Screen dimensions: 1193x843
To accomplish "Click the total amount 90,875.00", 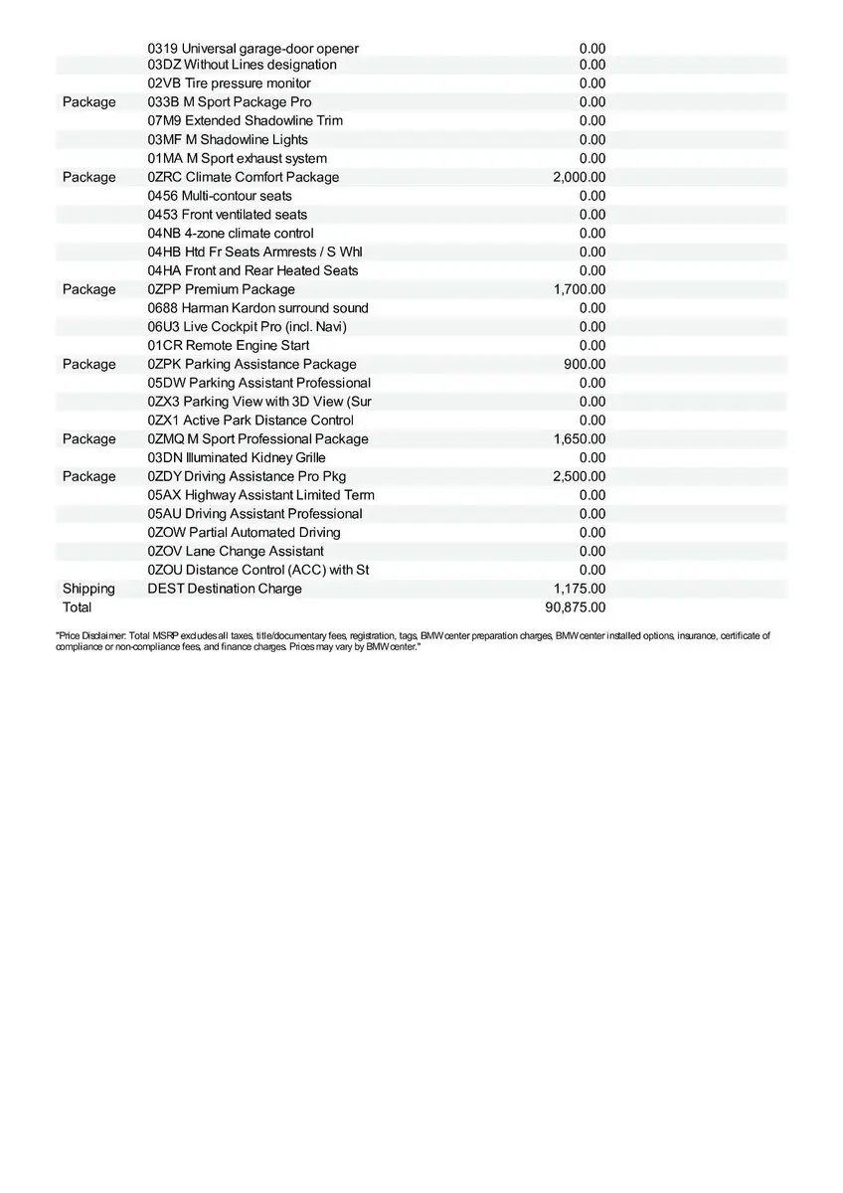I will [576, 607].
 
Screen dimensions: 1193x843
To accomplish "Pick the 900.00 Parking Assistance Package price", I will [585, 364].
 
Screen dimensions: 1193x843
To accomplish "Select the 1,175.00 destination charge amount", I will [579, 589].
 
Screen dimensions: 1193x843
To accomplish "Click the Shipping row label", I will [88, 589].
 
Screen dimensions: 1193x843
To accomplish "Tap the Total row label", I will [77, 607].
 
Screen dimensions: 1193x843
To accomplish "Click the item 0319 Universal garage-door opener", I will [253, 49].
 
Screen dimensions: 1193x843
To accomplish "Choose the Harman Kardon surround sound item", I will [257, 308].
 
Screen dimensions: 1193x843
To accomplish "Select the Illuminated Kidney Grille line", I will [237, 458].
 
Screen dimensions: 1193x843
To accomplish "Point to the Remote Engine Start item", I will [229, 346].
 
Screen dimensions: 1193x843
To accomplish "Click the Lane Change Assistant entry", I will [236, 552].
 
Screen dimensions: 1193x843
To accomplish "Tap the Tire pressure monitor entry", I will [229, 84].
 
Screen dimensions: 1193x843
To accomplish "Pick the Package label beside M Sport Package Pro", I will [88, 102].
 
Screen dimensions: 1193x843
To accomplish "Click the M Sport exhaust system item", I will [237, 159].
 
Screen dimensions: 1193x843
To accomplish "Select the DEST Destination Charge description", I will [225, 589].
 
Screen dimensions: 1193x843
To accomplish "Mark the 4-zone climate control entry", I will [231, 234].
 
